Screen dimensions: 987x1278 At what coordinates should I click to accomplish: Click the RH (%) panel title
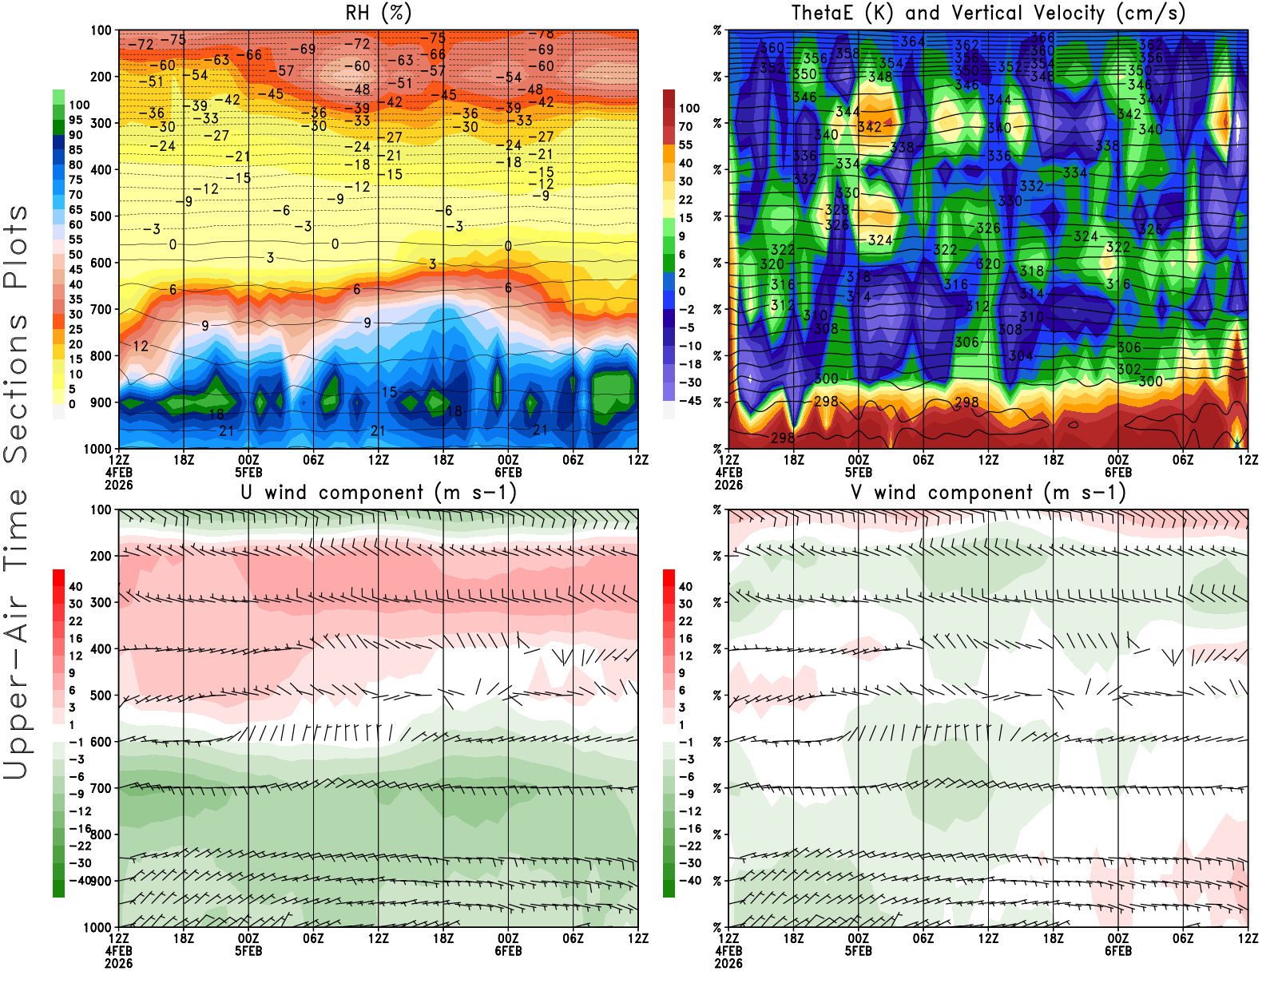pos(379,13)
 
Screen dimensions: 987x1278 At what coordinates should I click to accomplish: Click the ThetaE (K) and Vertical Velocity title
pos(988,13)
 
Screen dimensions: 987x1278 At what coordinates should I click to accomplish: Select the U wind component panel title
pos(379,492)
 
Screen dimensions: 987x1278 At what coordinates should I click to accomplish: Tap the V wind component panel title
pos(988,492)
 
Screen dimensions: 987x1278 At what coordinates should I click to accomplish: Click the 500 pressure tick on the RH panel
pos(101,216)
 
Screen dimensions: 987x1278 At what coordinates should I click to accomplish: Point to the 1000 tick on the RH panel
pos(97,449)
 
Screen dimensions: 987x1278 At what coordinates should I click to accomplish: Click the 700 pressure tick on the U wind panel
pos(101,788)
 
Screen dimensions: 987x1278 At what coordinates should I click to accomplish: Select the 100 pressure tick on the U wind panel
pos(101,509)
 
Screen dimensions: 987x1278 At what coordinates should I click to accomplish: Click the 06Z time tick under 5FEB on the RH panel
pos(313,460)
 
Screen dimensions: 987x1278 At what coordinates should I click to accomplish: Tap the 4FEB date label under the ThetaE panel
pos(728,472)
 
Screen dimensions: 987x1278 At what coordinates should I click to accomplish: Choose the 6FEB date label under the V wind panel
pos(1118,951)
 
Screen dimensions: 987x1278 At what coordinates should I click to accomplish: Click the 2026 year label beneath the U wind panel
pos(118,963)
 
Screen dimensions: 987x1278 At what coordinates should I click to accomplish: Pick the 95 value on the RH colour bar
pos(75,120)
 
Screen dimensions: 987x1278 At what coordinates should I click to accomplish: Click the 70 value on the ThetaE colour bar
pos(685,126)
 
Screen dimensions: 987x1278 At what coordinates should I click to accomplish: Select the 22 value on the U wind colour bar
pos(75,621)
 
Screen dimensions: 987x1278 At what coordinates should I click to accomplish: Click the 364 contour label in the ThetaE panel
pos(913,42)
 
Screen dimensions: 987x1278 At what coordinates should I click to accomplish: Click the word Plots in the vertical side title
pos(16,248)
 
